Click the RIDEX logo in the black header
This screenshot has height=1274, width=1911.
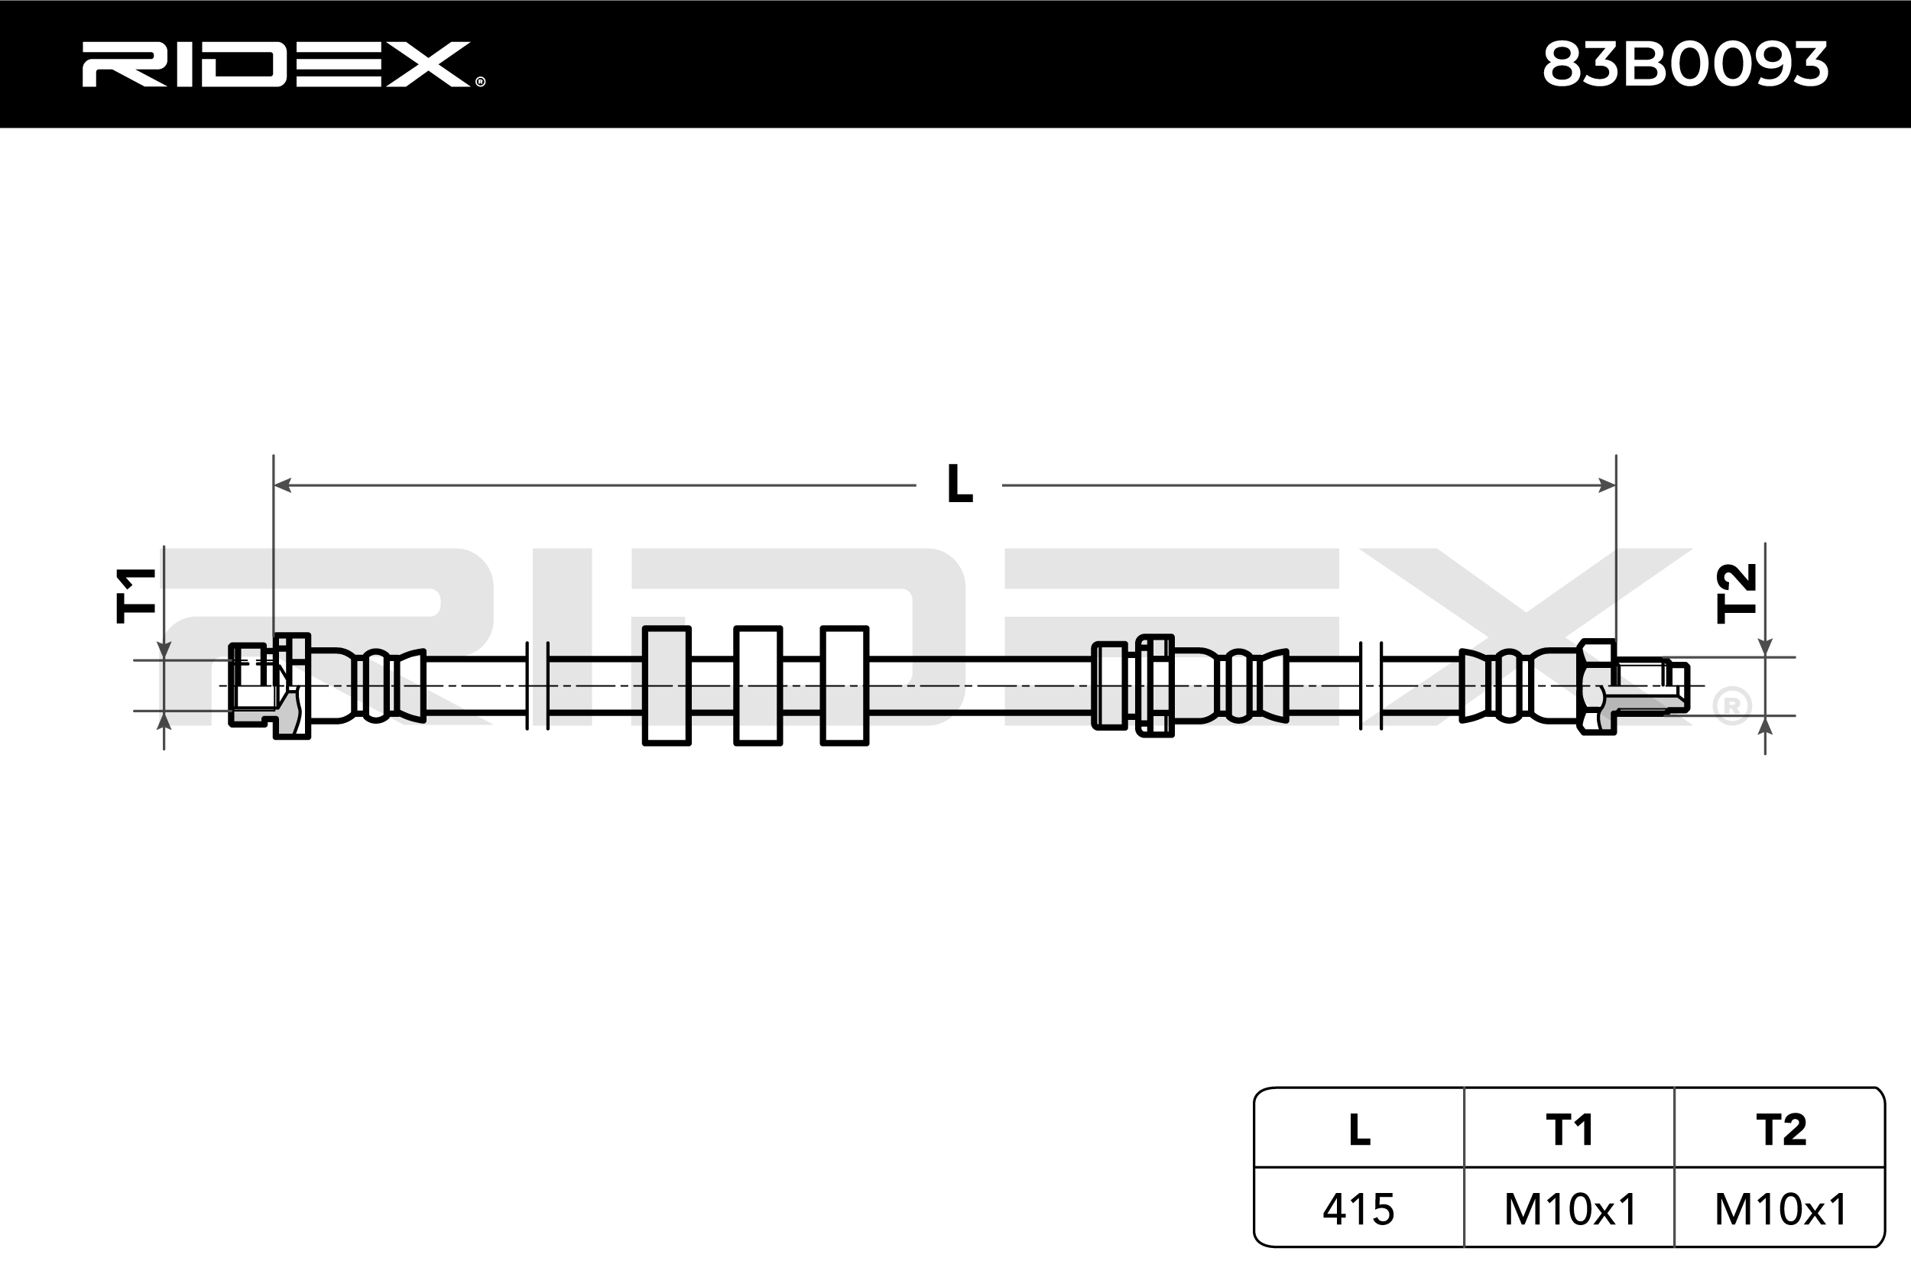276,64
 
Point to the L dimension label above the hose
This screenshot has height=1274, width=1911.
959,485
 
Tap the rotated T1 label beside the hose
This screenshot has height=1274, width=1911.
136,595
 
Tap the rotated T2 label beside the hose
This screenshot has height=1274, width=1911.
1736,594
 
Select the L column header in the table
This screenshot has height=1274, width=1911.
1359,1130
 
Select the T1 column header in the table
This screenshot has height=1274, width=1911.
1569,1130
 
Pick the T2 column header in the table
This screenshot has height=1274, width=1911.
1780,1130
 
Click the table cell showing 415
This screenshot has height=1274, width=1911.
1358,1209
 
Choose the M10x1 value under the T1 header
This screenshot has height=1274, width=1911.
1570,1209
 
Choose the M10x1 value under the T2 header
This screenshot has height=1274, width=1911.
1781,1209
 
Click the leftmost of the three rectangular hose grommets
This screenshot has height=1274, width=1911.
667,686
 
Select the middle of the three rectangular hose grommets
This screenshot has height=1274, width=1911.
758,686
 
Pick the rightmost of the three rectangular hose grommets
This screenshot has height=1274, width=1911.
844,686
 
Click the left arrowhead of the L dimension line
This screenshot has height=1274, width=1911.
282,485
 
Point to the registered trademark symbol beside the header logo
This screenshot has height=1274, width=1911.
480,81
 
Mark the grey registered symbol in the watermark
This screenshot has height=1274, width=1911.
1731,706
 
